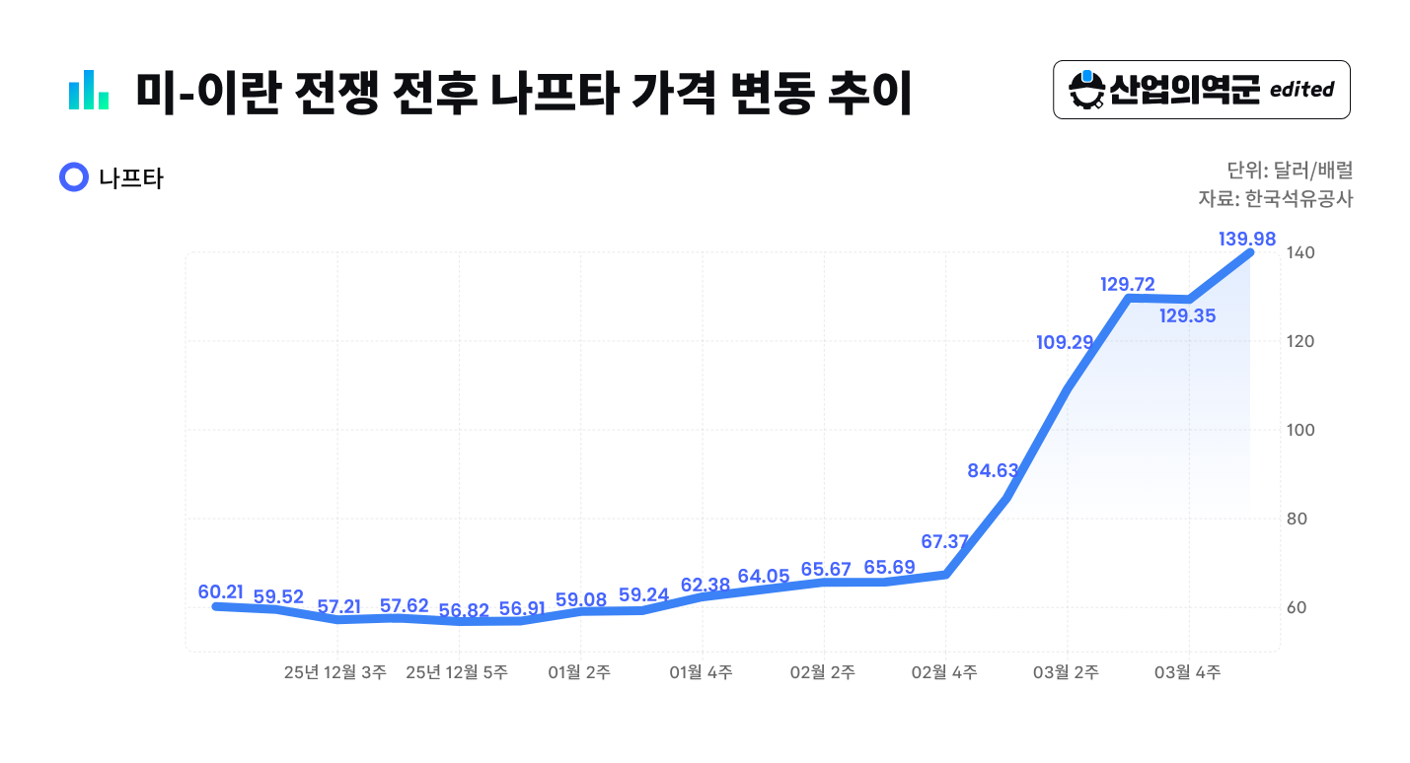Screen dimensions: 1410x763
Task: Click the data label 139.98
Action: [x=1247, y=239]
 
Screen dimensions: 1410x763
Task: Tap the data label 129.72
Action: [x=1128, y=284]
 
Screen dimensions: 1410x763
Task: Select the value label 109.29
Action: [x=1065, y=342]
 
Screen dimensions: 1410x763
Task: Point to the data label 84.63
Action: [x=993, y=470]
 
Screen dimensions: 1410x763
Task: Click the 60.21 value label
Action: [x=220, y=591]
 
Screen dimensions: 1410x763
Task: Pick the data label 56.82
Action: [x=464, y=610]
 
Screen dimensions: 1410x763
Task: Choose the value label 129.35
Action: [x=1188, y=315]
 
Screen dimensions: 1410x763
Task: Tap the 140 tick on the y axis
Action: [x=1300, y=253]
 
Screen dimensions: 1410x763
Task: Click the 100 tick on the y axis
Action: [x=1300, y=430]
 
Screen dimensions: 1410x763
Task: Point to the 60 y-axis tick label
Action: [x=1297, y=607]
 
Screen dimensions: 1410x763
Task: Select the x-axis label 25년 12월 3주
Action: [x=334, y=672]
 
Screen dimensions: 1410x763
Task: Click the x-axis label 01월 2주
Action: [x=579, y=672]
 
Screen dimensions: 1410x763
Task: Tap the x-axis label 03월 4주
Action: [x=1187, y=672]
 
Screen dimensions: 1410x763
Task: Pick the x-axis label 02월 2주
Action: [x=823, y=672]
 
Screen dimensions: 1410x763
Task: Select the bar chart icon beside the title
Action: [x=89, y=90]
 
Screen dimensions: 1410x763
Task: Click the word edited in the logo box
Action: [x=1301, y=90]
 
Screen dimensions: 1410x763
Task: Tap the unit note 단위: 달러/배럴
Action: [x=1290, y=170]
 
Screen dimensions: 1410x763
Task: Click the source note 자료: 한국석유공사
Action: [x=1275, y=199]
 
